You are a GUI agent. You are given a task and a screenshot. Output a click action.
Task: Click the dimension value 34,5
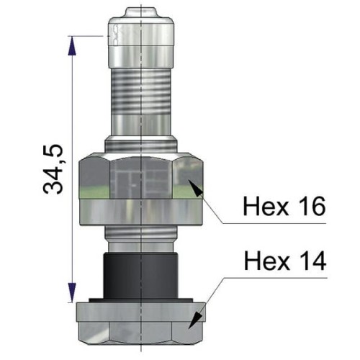(x=53, y=169)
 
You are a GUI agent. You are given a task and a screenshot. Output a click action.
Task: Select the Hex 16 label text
(x=283, y=205)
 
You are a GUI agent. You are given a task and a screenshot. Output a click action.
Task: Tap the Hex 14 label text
(x=283, y=259)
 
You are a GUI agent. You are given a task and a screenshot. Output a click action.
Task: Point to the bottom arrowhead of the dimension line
(x=71, y=294)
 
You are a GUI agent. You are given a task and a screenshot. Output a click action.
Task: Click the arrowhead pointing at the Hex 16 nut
(x=195, y=189)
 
